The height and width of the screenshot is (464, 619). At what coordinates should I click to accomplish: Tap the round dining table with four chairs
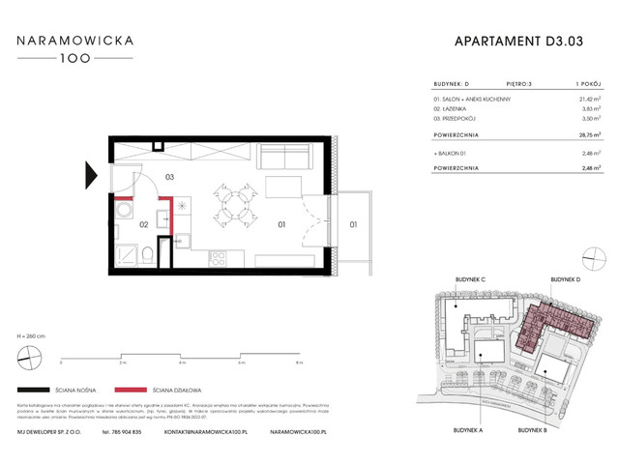click(x=231, y=203)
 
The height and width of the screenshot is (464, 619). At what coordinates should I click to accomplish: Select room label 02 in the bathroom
click(x=142, y=224)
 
